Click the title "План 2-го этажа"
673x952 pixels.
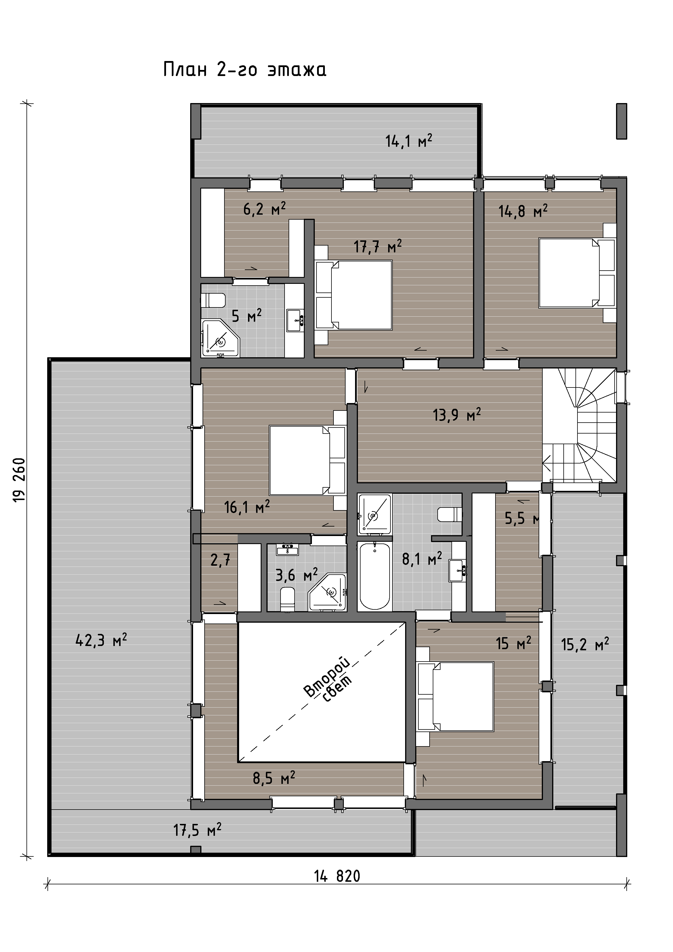[x=245, y=69]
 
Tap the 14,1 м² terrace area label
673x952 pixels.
[x=409, y=141]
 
